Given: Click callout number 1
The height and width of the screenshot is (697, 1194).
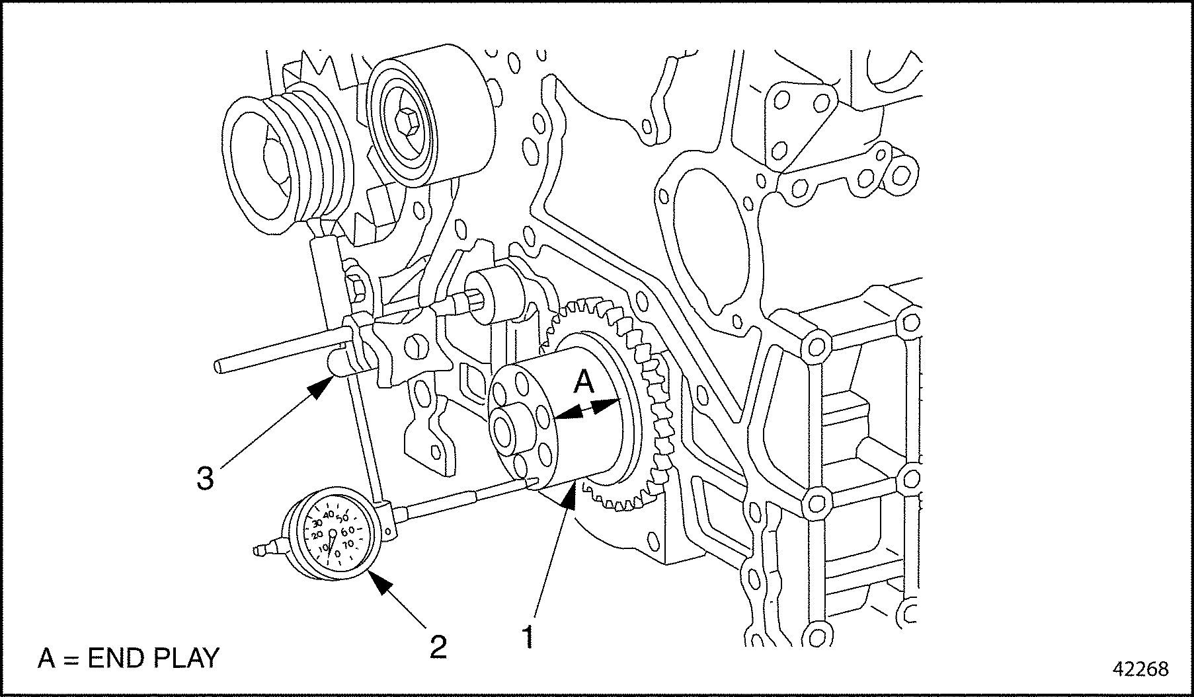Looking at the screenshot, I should click(x=528, y=637).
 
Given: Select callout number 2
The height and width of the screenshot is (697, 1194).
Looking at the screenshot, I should click(x=438, y=645).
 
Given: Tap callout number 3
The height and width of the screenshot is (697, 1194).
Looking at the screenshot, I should click(x=206, y=478).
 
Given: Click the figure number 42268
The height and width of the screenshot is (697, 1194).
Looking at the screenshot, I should click(x=1141, y=669).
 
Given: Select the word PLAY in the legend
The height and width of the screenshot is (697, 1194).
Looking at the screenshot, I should click(x=185, y=658).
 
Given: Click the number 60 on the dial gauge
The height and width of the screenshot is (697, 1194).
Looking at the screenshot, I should click(x=348, y=530).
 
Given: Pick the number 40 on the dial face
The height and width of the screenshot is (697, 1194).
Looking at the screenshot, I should click(x=329, y=513).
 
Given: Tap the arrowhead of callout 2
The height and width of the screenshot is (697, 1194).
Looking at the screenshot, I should click(x=375, y=578).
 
